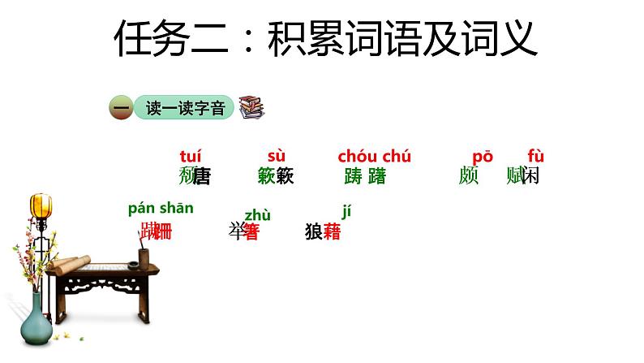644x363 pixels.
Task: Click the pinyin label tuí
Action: pos(190,157)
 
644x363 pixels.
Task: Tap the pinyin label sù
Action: pos(277,157)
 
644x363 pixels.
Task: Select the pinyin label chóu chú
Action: pos(374,157)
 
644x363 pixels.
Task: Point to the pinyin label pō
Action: pos(482,157)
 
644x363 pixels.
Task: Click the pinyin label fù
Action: pos(535,157)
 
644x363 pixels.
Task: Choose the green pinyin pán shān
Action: pos(161,208)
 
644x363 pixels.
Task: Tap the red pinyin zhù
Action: pos(257,214)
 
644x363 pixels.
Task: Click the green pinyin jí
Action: pos(346,212)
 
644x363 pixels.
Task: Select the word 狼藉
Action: pos(323,231)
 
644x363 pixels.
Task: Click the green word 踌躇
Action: pos(365,176)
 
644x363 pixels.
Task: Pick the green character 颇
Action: pos(469,176)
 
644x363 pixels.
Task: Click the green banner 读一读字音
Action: pos(185,107)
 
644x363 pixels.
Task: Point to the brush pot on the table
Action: pos(144,258)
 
